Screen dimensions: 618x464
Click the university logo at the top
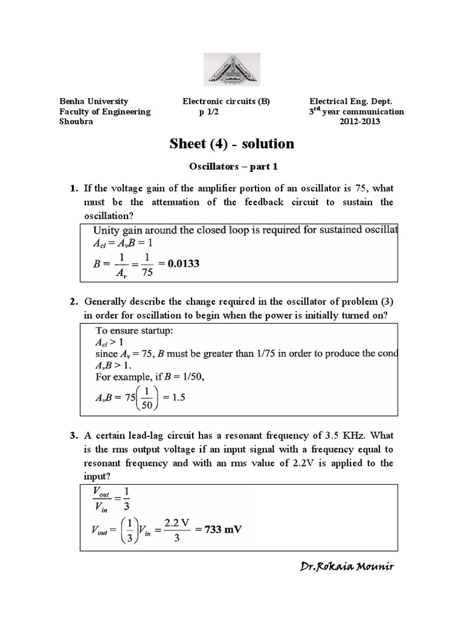[x=232, y=68]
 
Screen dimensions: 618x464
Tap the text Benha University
[x=93, y=101]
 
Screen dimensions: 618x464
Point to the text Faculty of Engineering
[x=105, y=112]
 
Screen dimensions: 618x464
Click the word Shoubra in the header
[x=76, y=121]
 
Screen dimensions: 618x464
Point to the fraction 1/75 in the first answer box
[x=147, y=263]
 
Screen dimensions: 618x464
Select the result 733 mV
[x=219, y=529]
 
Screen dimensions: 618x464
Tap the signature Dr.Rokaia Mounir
[x=346, y=567]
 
